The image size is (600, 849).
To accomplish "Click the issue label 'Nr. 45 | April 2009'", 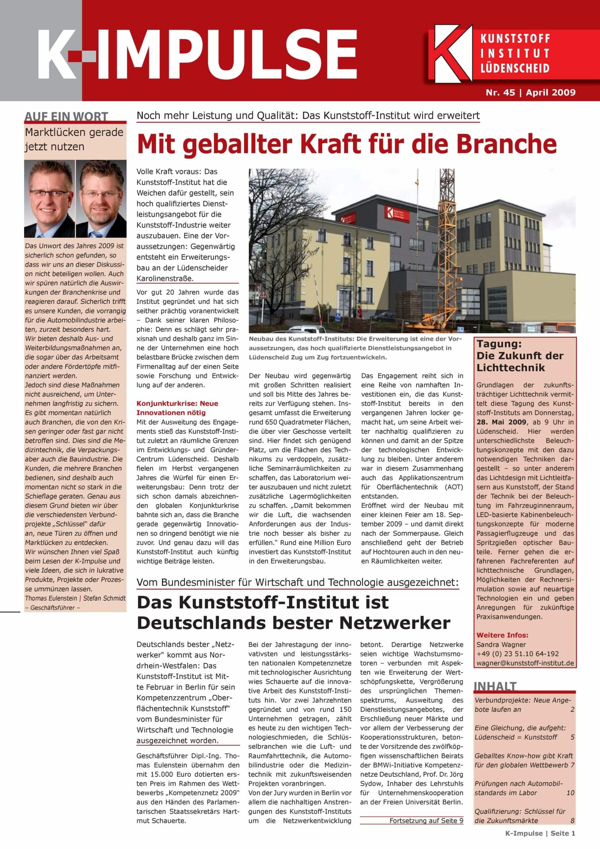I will coord(530,92).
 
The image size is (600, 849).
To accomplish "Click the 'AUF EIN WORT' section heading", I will coord(66,117).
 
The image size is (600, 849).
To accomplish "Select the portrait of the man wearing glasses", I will coord(49,199).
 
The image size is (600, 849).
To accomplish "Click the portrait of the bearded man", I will coord(101,199).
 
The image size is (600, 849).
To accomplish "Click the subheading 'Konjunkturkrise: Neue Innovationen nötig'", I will coord(177,408).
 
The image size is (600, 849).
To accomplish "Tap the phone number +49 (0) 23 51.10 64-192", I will coord(517,654).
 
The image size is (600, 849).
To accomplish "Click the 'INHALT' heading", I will coord(495,686).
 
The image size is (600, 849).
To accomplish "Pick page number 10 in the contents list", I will coord(570,793).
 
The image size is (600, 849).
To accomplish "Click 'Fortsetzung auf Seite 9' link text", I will coord(426,820).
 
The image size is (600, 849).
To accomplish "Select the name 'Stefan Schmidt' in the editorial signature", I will coord(104,598).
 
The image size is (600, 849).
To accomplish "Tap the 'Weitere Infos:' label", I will coord(502,635).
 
